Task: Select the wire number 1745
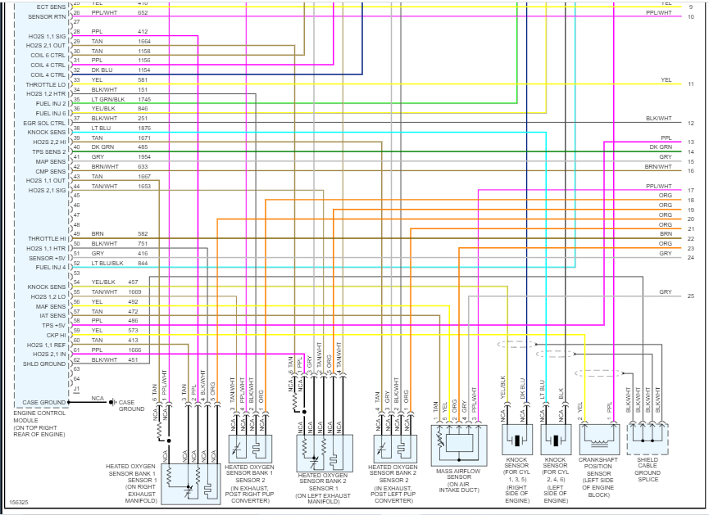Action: (x=144, y=99)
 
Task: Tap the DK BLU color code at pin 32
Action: (x=100, y=70)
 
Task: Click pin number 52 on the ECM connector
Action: (x=76, y=263)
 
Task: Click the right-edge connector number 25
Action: (x=690, y=296)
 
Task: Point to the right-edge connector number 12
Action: (x=691, y=123)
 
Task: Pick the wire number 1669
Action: (x=134, y=291)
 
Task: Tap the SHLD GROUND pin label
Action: (x=44, y=364)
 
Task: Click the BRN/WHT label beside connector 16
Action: (x=658, y=167)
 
